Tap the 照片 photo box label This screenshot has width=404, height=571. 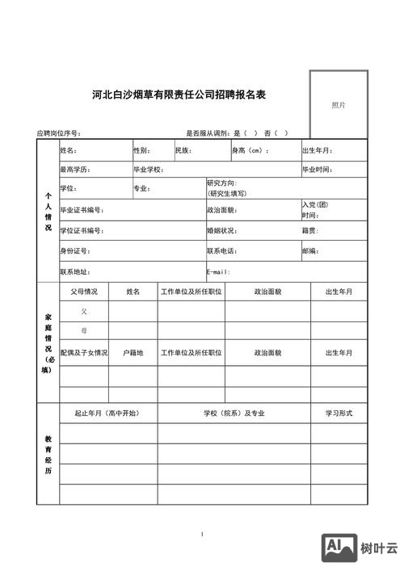point(339,105)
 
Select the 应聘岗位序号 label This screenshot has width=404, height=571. point(58,133)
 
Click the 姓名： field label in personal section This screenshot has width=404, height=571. point(69,151)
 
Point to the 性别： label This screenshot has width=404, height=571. point(141,151)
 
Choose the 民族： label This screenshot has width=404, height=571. point(183,151)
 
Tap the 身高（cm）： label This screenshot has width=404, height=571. point(250,151)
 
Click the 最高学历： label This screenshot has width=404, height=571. point(75,170)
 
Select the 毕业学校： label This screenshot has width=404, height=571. point(149,170)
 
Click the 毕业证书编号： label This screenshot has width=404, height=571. point(82,210)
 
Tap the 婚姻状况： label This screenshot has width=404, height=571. point(222,231)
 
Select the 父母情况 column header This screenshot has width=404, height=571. point(84,292)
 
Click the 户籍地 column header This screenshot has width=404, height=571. point(133,353)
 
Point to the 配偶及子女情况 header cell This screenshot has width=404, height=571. point(84,353)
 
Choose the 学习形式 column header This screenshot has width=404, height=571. point(339,414)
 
